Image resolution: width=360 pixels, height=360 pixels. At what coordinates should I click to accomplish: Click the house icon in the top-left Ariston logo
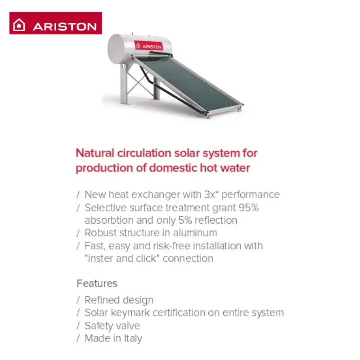(19, 25)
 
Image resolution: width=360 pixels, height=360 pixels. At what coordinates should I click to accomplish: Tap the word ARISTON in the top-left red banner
(65, 27)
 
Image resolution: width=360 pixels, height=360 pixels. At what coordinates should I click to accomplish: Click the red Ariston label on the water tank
(148, 45)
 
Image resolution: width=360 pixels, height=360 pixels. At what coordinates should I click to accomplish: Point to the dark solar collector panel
(188, 85)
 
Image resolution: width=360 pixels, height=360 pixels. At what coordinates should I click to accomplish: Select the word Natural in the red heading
(95, 153)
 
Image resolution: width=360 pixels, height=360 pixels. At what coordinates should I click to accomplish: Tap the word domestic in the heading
(173, 168)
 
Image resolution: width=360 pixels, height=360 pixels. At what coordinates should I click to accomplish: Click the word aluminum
(195, 233)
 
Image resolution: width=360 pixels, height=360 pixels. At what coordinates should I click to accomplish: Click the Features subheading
(97, 283)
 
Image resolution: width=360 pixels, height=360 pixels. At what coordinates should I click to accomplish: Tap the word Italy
(133, 339)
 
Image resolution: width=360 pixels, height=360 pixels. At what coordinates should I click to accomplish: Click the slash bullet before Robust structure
(78, 233)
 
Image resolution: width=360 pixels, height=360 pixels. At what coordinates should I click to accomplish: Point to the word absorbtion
(109, 220)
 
